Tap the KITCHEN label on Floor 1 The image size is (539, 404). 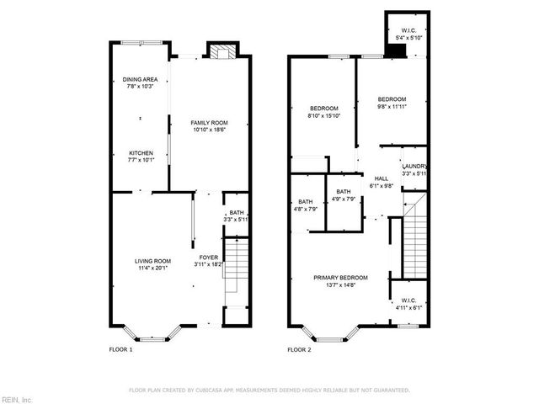coord(141,153)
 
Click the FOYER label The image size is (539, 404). coord(208,257)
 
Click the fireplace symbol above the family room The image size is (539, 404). coord(221,51)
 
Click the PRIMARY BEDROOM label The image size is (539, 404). coord(341,278)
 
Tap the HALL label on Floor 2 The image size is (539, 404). coord(382,178)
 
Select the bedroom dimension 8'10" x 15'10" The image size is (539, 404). coord(324,116)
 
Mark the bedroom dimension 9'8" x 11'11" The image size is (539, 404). coord(392,107)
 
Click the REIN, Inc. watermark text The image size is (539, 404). coord(17,399)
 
